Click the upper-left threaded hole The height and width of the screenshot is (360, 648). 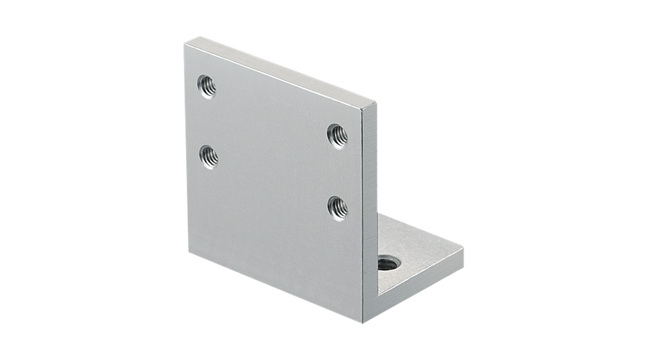(207, 86)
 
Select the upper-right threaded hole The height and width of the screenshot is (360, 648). (338, 136)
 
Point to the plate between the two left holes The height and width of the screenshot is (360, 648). (208, 122)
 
